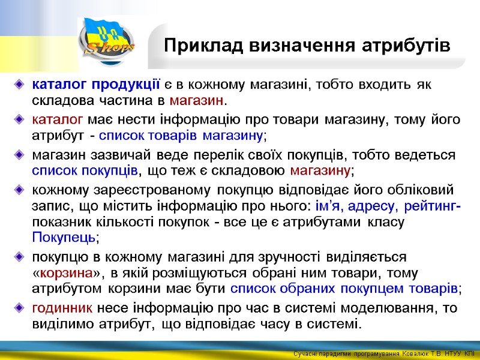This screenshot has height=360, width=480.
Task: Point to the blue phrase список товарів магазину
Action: [x=181, y=135]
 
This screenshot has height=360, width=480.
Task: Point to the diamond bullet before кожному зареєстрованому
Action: [x=20, y=191]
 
